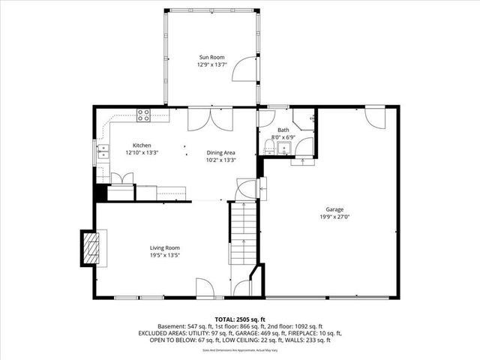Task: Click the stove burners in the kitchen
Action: pos(143,115)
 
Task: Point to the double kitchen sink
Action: pos(102,153)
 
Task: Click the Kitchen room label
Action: pos(142,145)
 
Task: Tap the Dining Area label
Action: pos(221,152)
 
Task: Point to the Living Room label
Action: pos(164,247)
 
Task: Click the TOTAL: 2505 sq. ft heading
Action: pos(239,319)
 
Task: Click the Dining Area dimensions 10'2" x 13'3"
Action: pos(221,160)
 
